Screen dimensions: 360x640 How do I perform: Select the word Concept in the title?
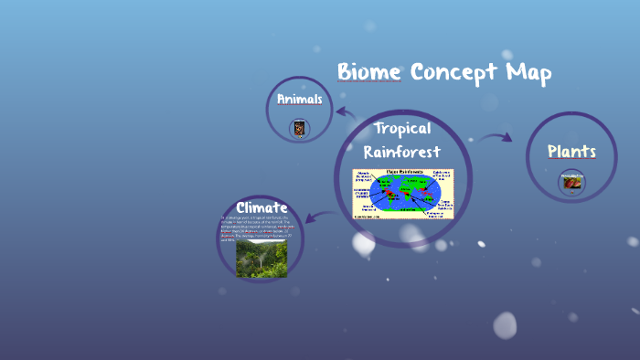[452, 73]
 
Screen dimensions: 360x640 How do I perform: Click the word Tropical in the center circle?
[402, 128]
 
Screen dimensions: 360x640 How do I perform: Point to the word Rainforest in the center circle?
[402, 151]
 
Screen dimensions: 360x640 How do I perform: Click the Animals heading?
[299, 99]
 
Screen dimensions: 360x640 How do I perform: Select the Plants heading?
[571, 152]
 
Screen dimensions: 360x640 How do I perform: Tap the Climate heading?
[261, 207]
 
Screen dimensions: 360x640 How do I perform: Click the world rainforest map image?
[403, 193]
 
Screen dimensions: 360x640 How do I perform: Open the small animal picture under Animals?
[299, 128]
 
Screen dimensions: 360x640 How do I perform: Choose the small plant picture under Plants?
[571, 182]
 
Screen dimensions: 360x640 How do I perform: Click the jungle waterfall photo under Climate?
[261, 258]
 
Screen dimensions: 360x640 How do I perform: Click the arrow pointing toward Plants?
[495, 138]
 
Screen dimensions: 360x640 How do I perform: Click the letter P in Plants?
[552, 152]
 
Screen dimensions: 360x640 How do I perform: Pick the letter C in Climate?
[241, 207]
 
